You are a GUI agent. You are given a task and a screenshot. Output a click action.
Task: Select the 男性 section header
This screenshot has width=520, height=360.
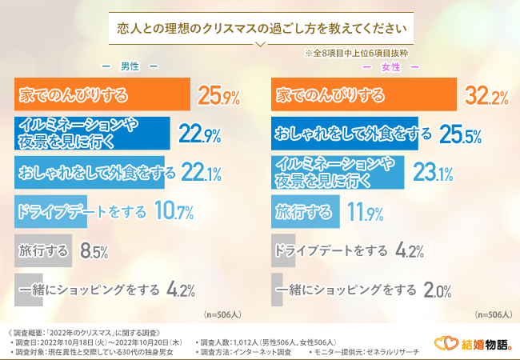129,66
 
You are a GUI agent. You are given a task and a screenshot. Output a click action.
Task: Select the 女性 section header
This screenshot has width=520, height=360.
390,66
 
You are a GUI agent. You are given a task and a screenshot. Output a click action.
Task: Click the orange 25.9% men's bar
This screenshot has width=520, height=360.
102,96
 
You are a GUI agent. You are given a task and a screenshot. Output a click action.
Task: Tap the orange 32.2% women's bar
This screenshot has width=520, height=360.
365,96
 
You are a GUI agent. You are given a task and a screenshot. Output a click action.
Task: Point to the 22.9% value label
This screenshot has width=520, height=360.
200,134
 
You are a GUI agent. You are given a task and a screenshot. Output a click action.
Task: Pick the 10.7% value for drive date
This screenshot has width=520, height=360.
174,212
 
